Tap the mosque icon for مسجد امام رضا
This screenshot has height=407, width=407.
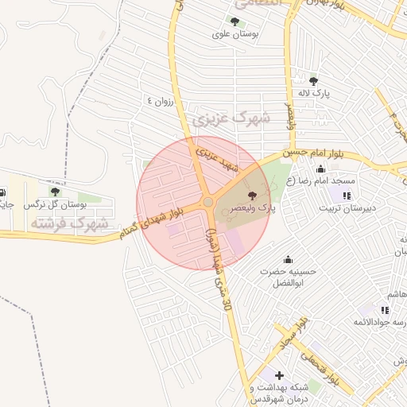[x=320, y=169]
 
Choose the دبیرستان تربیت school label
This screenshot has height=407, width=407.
[x=346, y=208]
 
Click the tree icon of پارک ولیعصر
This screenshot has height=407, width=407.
[x=252, y=195]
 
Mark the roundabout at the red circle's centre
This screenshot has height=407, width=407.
[x=208, y=203]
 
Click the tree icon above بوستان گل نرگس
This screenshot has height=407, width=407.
[x=55, y=192]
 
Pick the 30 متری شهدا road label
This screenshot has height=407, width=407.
[x=219, y=270]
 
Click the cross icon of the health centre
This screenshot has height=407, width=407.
[x=278, y=375]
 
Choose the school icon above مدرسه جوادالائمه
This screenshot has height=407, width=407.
[x=385, y=310]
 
